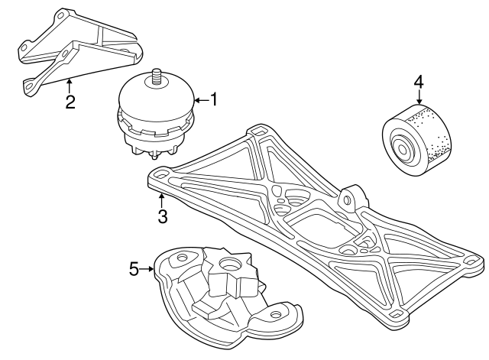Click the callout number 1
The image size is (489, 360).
click(x=213, y=100)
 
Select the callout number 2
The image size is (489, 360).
click(x=70, y=102)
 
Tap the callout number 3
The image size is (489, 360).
click(x=163, y=216)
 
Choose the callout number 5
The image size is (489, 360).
click(x=134, y=269)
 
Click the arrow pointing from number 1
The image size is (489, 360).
click(x=201, y=100)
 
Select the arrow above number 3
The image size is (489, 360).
click(x=161, y=201)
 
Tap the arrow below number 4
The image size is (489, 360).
click(x=419, y=97)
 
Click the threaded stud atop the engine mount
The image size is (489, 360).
click(x=155, y=76)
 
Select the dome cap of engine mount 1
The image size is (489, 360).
click(x=157, y=98)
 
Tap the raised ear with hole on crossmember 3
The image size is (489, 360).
click(x=351, y=198)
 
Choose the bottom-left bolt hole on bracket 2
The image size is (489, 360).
click(x=29, y=85)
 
